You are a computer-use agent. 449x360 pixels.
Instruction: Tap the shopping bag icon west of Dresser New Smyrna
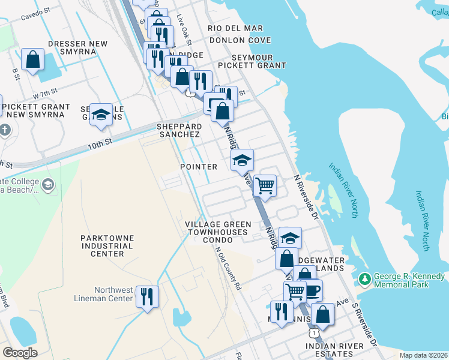tap(33, 59)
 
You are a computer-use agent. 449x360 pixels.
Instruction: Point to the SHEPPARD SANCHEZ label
tap(178, 131)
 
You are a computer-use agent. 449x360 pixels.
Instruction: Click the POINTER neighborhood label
tap(199, 167)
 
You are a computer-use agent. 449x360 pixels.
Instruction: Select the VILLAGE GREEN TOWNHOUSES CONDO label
tap(217, 232)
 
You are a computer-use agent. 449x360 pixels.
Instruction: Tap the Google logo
tap(20, 353)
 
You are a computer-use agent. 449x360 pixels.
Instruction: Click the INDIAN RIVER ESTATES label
tap(334, 346)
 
